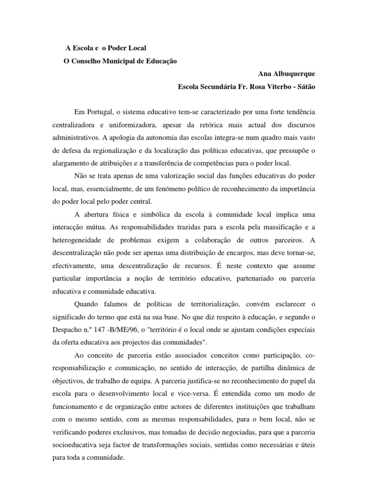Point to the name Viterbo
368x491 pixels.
tap(276, 87)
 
